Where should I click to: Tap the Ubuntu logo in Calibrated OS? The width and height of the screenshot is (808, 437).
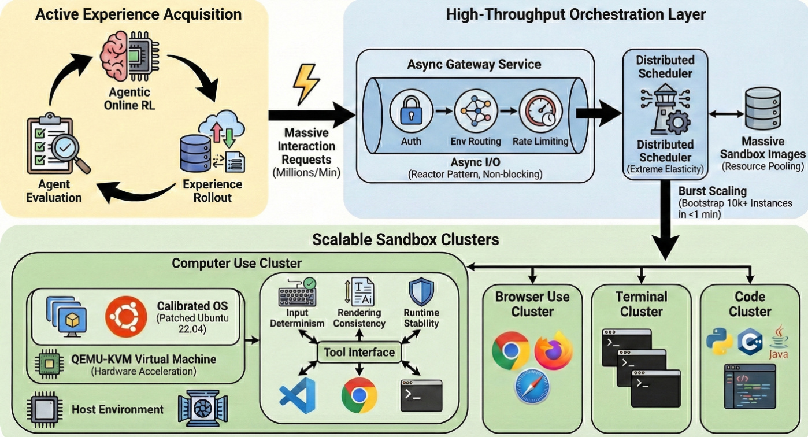tap(125, 316)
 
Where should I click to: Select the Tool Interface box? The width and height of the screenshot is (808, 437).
tap(359, 352)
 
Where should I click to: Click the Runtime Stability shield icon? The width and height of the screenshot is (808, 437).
tap(421, 292)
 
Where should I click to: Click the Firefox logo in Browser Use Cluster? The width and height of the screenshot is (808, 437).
tap(554, 353)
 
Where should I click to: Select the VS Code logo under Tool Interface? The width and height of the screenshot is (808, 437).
tap(296, 395)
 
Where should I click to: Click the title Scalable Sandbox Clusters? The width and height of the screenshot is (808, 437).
tap(405, 239)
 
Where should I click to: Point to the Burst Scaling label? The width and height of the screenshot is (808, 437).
tap(712, 191)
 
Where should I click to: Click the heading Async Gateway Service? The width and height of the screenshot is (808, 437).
tap(474, 64)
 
